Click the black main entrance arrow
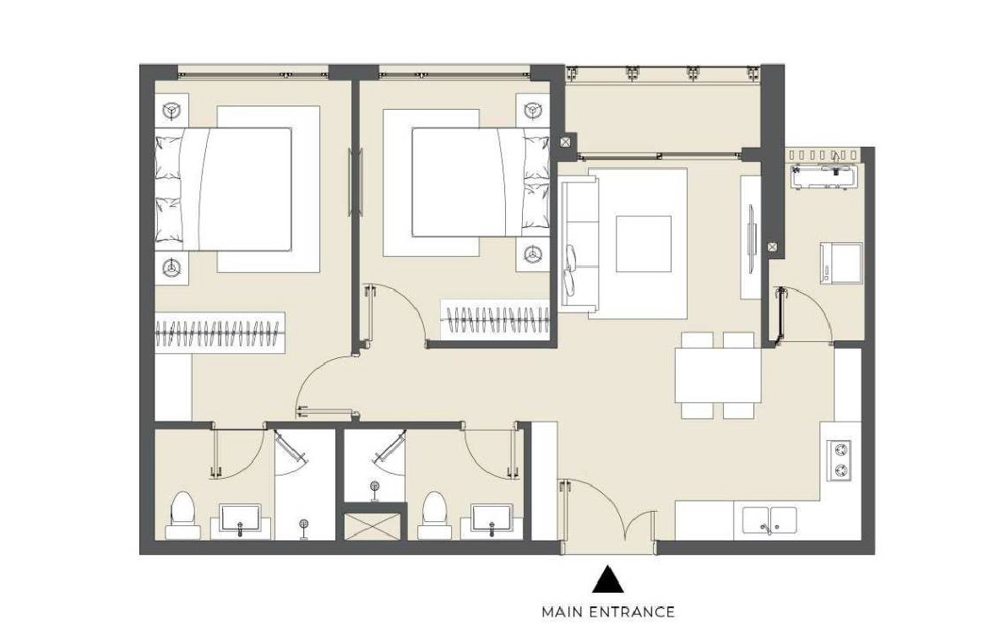607,579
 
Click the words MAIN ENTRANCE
607,612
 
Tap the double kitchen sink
769,520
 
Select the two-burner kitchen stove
840,461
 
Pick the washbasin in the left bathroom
241,519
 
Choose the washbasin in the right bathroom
492,519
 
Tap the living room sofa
578,244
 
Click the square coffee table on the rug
644,244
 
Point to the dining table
718,375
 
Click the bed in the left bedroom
223,189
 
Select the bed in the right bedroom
481,182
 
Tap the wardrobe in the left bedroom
220,332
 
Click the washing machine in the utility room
841,263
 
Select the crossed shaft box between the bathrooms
372,526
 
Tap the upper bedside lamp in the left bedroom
171,111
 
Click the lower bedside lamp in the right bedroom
533,254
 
